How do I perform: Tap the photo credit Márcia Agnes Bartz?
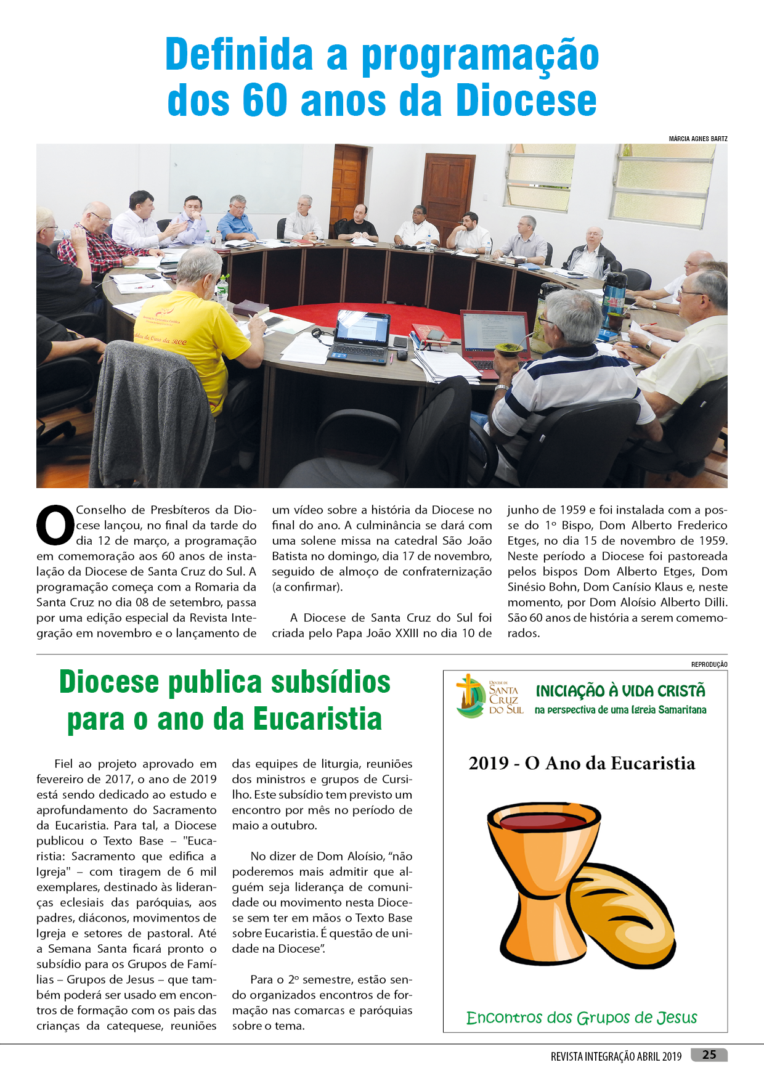coord(697,139)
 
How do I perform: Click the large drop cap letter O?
coord(55,526)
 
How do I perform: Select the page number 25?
coord(709,1054)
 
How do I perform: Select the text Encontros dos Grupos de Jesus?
coord(582,1017)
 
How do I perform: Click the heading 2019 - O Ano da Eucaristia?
coord(582,763)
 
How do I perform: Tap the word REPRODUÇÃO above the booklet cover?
coord(709,664)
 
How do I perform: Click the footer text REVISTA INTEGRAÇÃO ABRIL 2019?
coord(616,1056)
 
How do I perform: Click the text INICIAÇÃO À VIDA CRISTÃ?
coord(620,691)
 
